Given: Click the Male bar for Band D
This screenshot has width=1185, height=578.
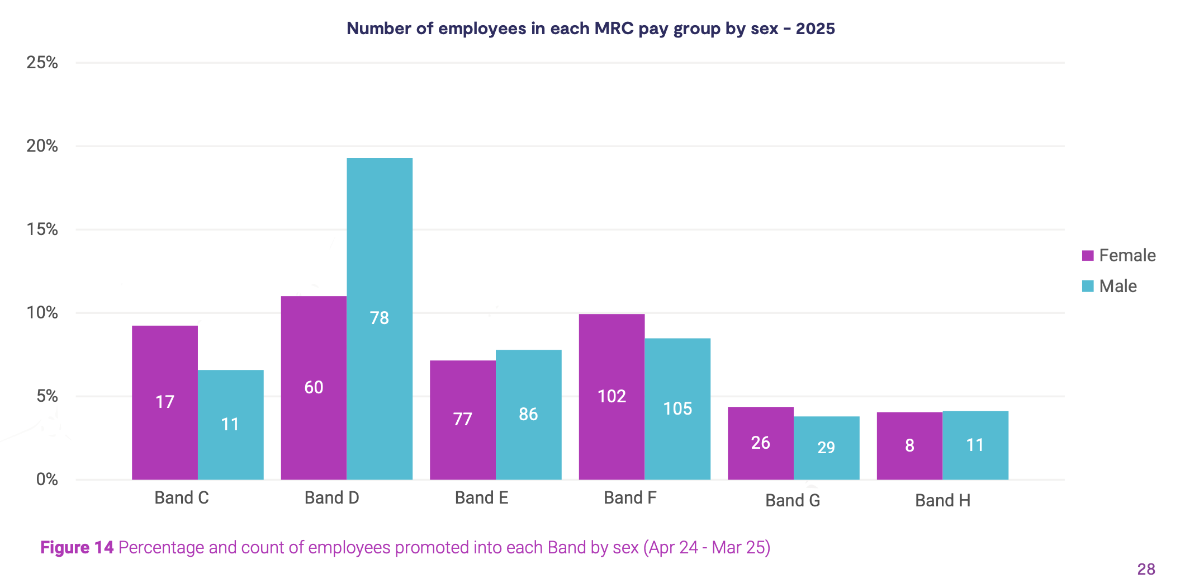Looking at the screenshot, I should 380,318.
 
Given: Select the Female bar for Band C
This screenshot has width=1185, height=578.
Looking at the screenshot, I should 165,402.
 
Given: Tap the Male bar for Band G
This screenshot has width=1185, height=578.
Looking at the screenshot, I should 826,448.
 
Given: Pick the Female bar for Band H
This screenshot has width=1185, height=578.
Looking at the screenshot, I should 909,445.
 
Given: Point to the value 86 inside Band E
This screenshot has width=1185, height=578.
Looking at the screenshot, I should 528,414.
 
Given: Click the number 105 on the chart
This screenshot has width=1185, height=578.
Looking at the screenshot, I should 677,408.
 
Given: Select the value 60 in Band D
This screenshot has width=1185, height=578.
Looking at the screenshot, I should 314,387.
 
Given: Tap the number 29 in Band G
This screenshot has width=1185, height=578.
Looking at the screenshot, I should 826,448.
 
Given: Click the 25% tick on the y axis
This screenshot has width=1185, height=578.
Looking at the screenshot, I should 42,63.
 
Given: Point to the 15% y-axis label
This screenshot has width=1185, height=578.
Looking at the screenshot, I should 42,229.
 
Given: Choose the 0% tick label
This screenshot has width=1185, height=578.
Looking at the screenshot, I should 47,480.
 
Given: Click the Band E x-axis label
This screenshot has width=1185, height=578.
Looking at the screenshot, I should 481,498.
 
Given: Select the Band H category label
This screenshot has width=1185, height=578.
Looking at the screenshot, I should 942,500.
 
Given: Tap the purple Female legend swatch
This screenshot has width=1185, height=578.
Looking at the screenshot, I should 1088,256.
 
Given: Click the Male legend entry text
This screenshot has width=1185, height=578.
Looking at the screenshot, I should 1118,286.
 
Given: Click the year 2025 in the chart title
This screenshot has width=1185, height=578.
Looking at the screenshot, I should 815,29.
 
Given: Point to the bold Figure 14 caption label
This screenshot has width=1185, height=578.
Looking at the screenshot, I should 77,547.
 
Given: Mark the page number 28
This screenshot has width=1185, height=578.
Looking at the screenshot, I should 1146,569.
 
